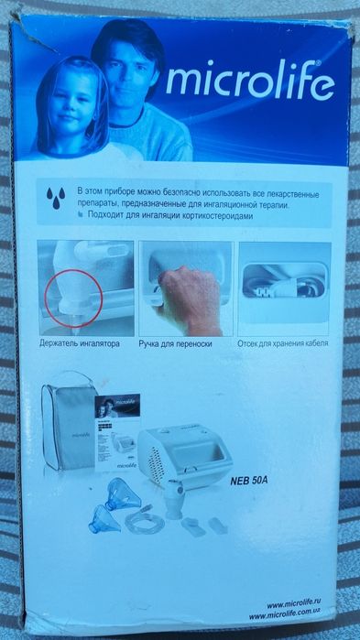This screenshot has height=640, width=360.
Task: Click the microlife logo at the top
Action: click(x=250, y=81)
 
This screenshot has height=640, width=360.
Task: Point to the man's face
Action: click(x=127, y=71)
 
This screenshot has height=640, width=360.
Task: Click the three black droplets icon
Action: click(x=56, y=198)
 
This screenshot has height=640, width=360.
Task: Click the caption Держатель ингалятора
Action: click(x=80, y=343)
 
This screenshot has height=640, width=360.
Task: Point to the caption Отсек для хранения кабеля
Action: click(x=283, y=343)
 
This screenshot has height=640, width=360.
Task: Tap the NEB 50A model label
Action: click(x=248, y=480)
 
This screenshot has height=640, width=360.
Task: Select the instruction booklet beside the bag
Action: click(x=117, y=432)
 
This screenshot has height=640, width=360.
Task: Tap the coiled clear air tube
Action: click(x=145, y=521)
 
